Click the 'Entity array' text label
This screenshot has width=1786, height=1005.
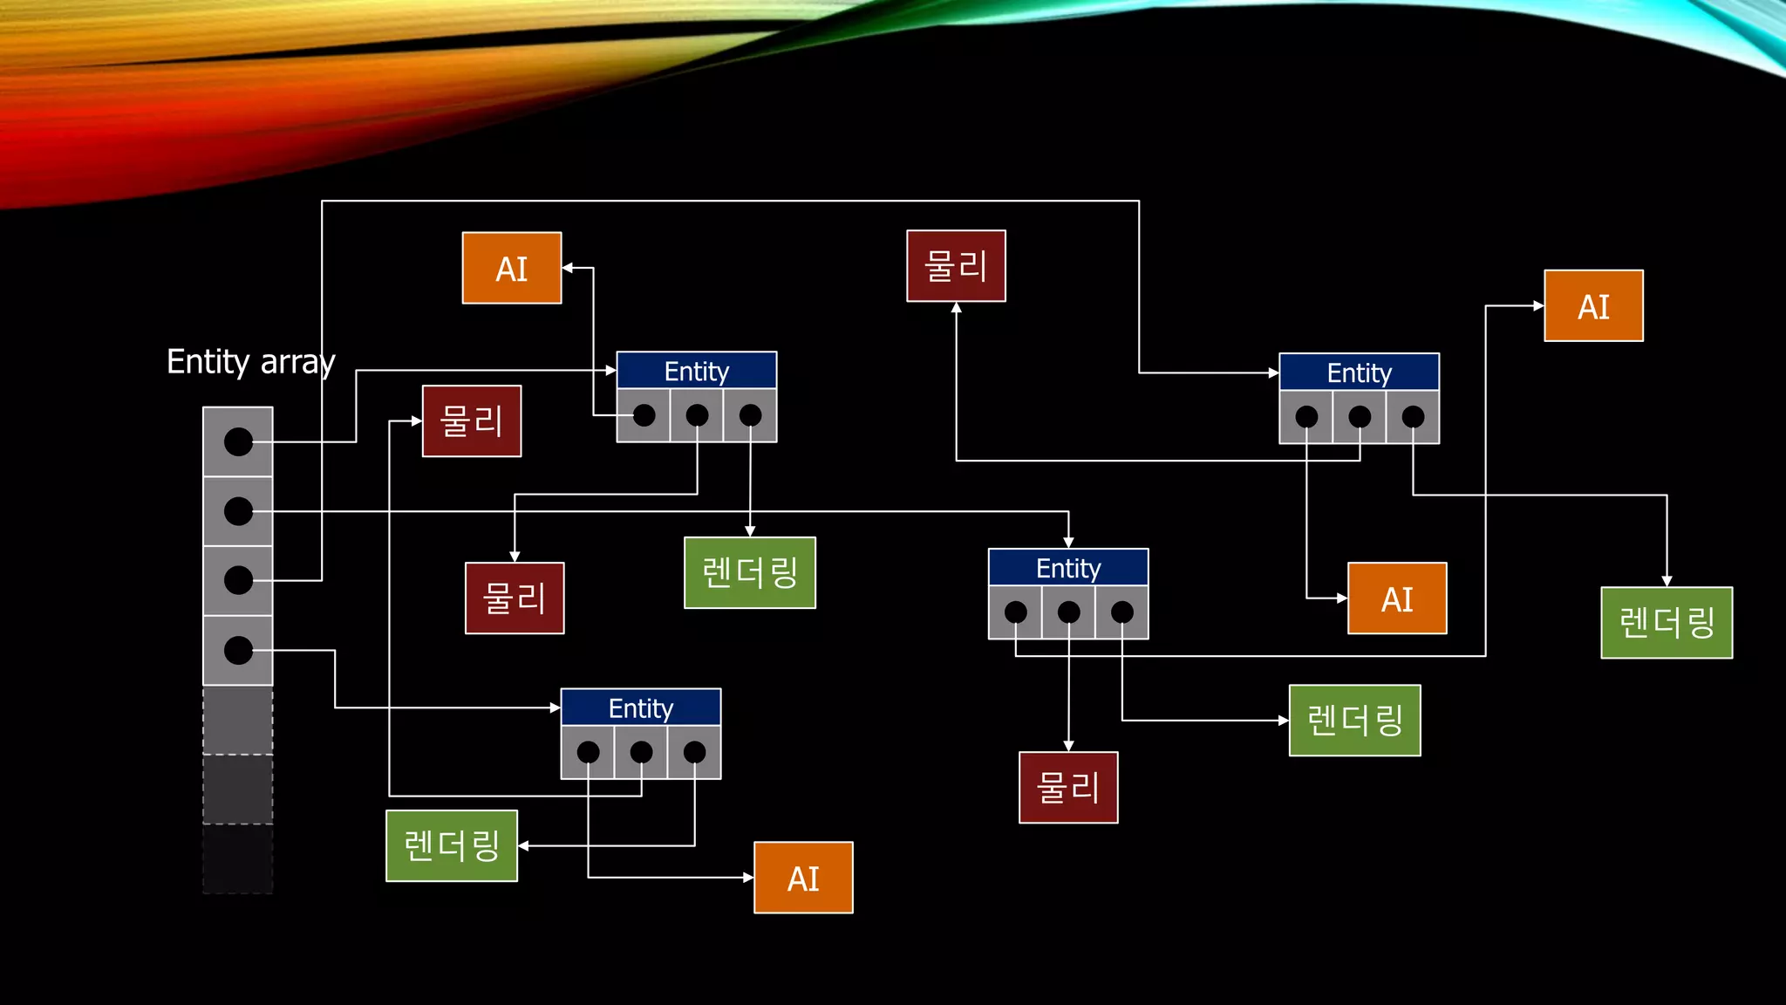click(x=250, y=361)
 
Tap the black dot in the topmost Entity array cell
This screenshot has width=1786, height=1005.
click(x=238, y=441)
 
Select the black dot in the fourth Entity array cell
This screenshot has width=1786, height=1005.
click(x=238, y=650)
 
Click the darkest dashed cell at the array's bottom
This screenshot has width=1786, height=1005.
click(x=238, y=859)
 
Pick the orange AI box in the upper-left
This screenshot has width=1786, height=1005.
click(x=512, y=269)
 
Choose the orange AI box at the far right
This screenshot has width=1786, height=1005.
click(x=1593, y=306)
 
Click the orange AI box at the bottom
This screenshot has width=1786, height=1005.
click(x=803, y=878)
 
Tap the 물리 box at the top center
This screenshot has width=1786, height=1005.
click(x=956, y=266)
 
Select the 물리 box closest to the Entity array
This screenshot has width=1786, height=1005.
click(x=472, y=421)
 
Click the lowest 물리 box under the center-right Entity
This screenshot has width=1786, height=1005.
click(x=1068, y=788)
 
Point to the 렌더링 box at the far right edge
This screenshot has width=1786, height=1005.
click(x=1667, y=623)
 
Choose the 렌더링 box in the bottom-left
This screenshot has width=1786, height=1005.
click(x=452, y=845)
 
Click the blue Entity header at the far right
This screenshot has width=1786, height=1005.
click(x=1359, y=373)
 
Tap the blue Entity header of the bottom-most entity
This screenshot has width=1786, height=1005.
click(x=641, y=708)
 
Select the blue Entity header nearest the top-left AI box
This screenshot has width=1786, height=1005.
click(x=696, y=371)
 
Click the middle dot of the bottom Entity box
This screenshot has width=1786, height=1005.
click(x=641, y=752)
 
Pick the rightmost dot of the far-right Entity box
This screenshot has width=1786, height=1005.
click(x=1413, y=417)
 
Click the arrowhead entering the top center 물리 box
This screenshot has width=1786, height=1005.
click(x=957, y=308)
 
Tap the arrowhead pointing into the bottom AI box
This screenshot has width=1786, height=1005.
click(x=748, y=878)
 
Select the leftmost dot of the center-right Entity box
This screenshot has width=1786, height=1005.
click(x=1015, y=612)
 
